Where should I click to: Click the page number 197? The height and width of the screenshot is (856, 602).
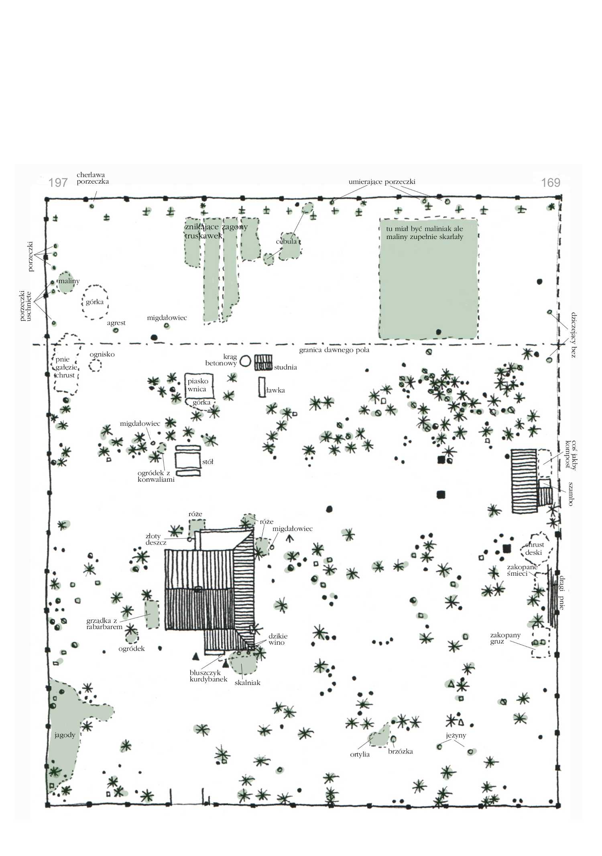58,183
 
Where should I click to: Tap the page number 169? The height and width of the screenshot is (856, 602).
550,183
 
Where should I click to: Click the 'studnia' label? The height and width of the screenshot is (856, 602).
285,367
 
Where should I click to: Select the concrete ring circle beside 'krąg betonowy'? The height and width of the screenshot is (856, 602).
245,361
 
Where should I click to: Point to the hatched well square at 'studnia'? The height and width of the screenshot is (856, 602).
263,362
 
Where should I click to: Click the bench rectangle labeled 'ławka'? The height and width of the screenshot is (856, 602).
262,387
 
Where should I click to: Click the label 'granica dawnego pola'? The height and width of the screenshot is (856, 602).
334,350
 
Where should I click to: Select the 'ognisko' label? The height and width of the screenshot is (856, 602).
102,354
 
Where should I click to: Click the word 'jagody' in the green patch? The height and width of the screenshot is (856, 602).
65,735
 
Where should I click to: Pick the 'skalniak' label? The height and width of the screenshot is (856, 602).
248,682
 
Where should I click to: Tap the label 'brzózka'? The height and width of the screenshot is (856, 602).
401,752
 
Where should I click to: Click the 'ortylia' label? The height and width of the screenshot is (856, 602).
360,754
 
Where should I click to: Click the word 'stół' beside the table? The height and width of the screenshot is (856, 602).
207,462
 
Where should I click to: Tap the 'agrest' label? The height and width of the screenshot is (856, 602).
116,323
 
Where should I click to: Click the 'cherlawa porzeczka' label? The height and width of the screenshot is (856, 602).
93,178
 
